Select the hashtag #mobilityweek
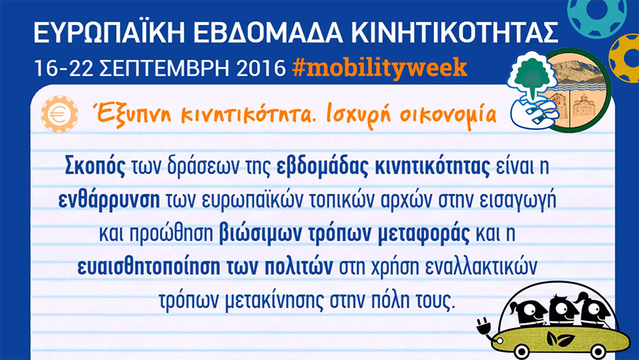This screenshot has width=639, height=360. coord(380,68)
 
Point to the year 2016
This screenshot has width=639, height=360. coord(261,68)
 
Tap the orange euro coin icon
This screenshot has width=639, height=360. coord(59,114)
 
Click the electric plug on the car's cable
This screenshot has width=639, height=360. coord(485,326)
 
